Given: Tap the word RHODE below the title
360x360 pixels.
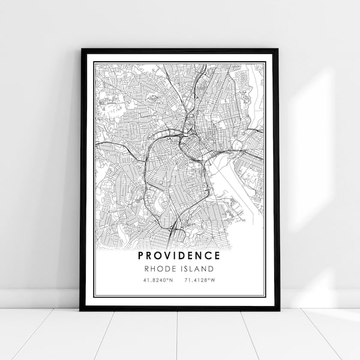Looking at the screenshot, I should point(163,269).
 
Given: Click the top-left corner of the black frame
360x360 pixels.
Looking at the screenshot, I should point(81,49).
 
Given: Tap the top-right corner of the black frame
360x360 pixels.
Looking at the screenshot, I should point(278,49).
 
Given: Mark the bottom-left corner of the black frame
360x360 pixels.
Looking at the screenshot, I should point(81,310).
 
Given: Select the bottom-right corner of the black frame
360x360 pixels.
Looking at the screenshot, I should point(278,310).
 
